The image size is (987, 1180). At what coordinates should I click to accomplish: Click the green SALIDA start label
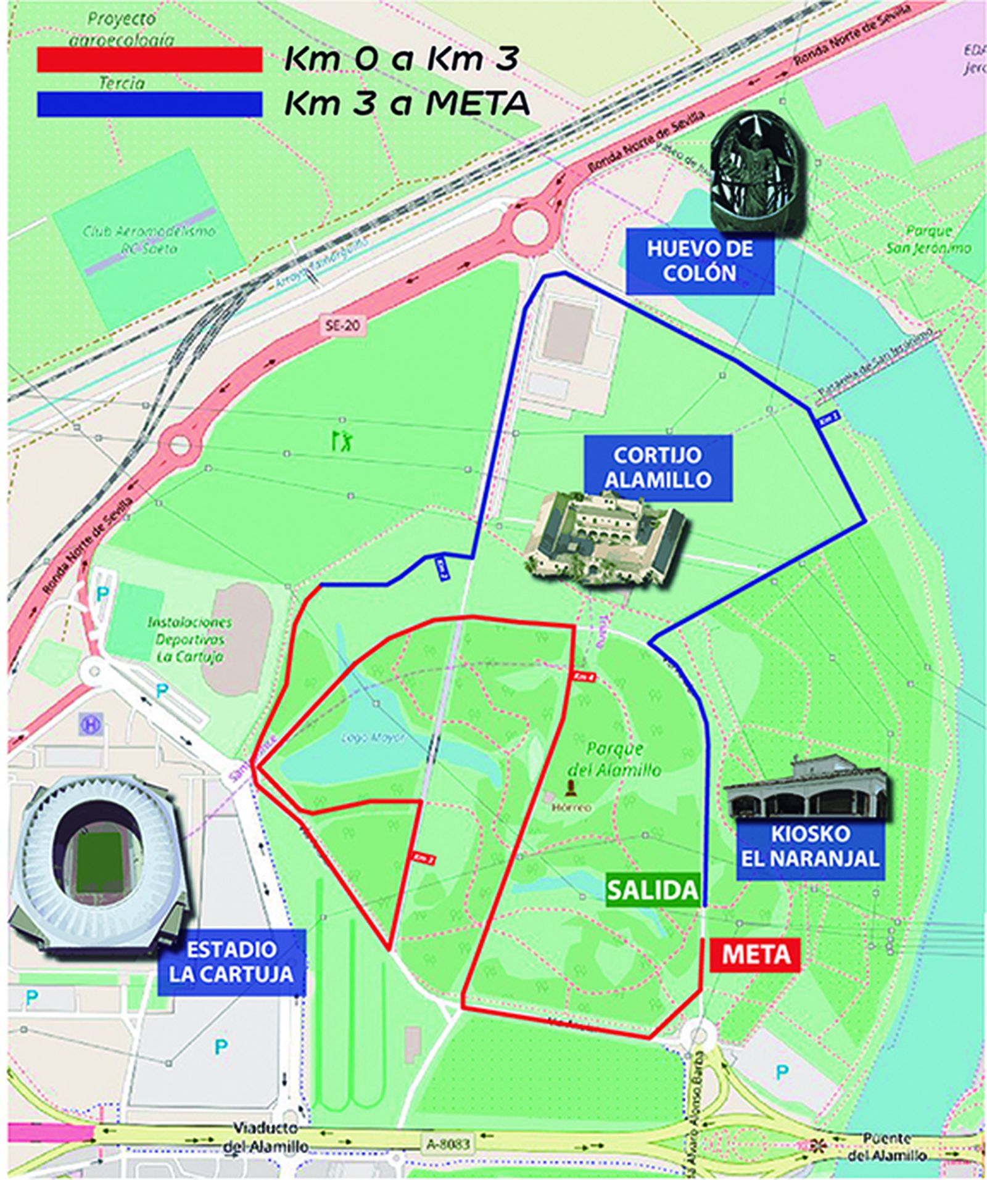point(653,890)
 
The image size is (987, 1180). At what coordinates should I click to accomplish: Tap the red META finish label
point(755,954)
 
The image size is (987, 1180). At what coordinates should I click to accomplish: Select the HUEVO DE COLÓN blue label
point(700,261)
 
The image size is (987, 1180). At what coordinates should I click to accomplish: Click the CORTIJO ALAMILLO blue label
point(658,467)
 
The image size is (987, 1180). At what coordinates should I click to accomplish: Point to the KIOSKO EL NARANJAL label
point(810,846)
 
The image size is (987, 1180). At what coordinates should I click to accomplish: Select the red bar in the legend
point(149,60)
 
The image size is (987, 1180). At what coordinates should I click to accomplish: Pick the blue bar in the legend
point(149,104)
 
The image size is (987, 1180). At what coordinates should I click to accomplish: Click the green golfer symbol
point(341,440)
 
